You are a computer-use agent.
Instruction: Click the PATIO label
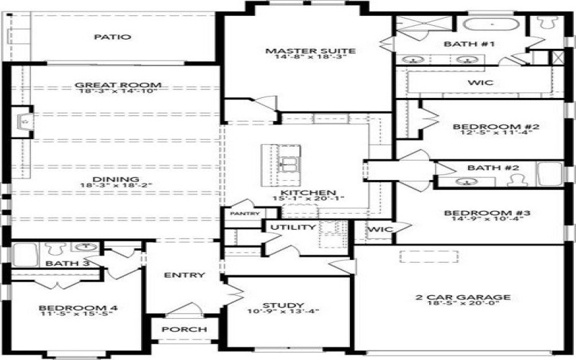coord(113,37)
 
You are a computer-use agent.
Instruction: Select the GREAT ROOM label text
coord(117,85)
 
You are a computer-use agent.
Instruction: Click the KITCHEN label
coord(308,192)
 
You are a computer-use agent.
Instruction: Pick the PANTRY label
coord(244,214)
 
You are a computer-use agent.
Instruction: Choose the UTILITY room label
coord(292,228)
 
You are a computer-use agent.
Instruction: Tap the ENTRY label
coord(184,275)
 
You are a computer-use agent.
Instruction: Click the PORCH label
coord(184,329)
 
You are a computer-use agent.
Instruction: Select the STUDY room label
coord(284,305)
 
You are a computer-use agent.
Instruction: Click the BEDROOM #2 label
coord(486,127)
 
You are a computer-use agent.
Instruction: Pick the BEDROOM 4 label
coord(78,308)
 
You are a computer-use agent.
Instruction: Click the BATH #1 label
coord(480,45)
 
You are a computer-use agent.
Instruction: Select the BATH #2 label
coord(484,168)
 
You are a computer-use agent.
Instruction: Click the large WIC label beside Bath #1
coord(480,83)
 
